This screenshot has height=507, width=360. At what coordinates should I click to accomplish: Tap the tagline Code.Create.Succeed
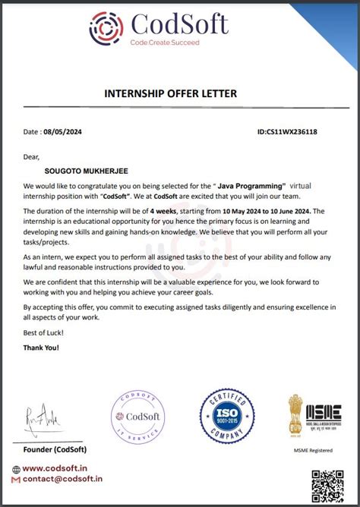(164, 43)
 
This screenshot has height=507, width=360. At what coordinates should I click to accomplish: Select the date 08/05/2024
(62, 132)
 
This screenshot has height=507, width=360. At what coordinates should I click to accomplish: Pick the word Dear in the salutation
(30, 157)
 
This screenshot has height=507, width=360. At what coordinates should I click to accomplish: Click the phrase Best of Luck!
(44, 334)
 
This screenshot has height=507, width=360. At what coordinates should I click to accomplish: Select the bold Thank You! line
(41, 348)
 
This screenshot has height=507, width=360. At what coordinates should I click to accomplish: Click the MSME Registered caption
(314, 451)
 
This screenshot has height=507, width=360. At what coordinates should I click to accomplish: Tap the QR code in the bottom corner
(327, 484)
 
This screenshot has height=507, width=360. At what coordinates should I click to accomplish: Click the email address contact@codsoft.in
(62, 480)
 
